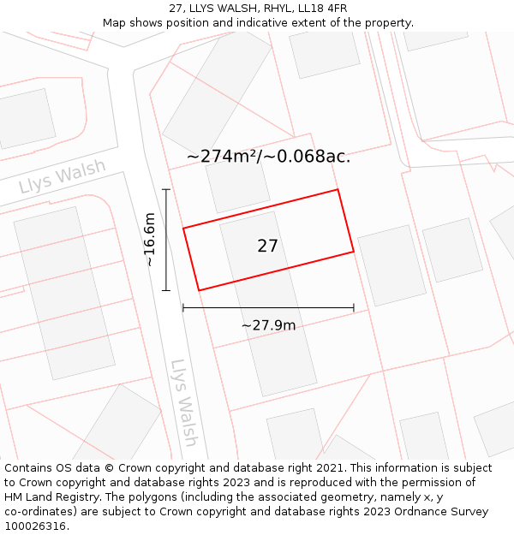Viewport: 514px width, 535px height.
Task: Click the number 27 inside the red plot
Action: tap(267, 247)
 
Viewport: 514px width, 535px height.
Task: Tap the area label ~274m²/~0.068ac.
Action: tap(268, 157)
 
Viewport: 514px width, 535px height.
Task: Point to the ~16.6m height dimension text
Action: tap(150, 240)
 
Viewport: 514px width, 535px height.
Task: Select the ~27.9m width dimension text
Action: tap(268, 325)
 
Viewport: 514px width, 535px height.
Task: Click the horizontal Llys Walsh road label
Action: tap(63, 176)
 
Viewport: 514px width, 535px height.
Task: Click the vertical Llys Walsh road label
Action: tap(184, 402)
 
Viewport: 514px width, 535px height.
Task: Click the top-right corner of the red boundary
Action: tap(338, 189)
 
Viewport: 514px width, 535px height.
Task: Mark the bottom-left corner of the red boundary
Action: tap(199, 290)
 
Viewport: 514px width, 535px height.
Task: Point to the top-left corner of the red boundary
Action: tap(183, 228)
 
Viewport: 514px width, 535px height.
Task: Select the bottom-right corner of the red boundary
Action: tap(354, 252)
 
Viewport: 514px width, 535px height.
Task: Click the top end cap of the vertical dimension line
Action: tap(166, 189)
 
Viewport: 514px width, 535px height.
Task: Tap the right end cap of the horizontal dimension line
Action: tap(354, 307)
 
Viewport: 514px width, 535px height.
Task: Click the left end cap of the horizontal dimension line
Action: tap(183, 307)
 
